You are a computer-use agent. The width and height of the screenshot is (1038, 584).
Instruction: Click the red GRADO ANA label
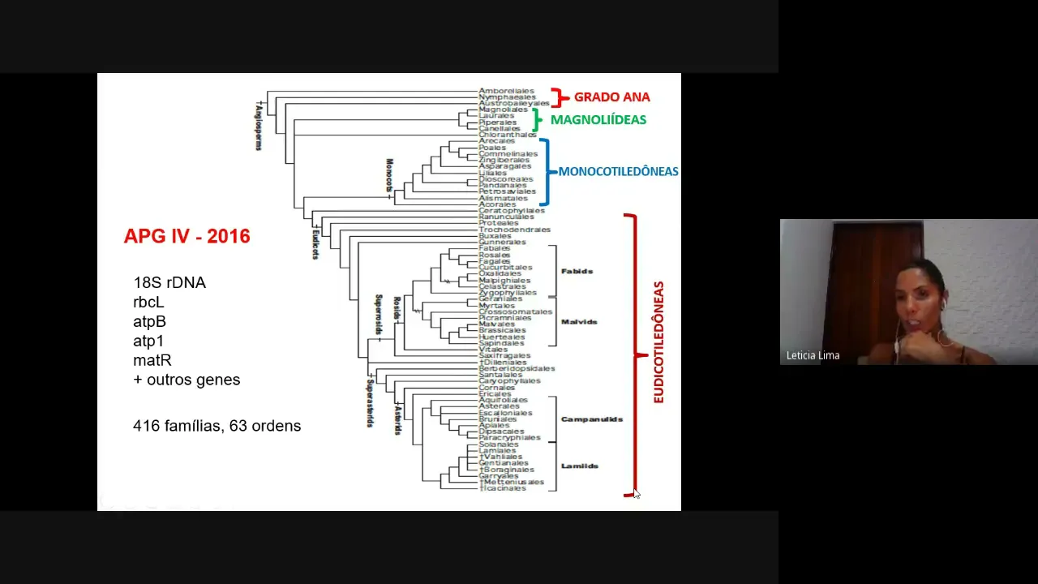coord(611,97)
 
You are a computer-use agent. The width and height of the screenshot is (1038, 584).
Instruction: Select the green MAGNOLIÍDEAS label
coord(598,120)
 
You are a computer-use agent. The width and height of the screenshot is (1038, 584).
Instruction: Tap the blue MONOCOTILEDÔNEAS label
coord(618,172)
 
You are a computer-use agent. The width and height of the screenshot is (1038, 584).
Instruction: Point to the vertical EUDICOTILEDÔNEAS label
coord(658,342)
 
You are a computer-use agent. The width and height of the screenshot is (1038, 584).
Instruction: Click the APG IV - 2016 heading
coord(187,237)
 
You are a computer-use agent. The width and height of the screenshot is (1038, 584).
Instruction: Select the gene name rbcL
coord(148,303)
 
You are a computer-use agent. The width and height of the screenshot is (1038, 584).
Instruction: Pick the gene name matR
coord(152,360)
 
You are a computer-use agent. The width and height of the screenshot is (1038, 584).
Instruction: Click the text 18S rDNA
coord(169,283)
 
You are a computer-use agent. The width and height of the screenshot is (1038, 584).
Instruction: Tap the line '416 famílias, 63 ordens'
coord(217,426)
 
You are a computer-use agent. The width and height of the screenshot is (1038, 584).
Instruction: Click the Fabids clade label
coord(577,271)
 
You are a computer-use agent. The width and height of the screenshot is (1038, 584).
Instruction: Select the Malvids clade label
coord(579,322)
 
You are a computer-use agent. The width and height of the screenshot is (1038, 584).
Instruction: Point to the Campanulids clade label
coord(591,419)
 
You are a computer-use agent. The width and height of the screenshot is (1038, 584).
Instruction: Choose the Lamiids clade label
coord(579,466)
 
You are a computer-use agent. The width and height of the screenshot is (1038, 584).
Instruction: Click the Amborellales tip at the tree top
coord(506,91)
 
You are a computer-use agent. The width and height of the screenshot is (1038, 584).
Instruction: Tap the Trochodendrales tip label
coord(514,230)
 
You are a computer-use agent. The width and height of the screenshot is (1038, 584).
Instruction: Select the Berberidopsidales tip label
coord(517,368)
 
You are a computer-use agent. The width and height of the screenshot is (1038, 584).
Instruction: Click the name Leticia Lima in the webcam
coord(813,355)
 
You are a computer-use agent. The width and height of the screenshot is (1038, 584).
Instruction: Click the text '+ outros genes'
coord(187,380)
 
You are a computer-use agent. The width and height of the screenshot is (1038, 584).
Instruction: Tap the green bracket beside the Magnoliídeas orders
coord(536,120)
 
